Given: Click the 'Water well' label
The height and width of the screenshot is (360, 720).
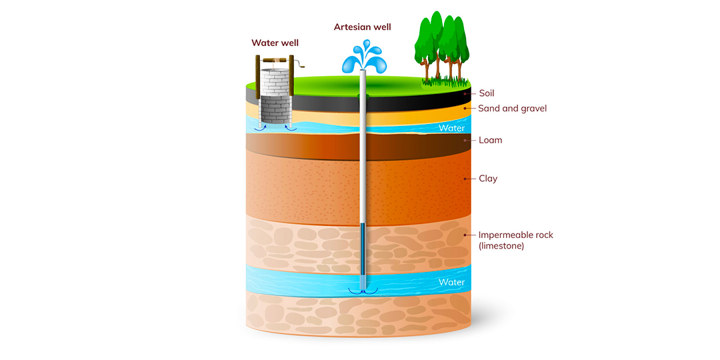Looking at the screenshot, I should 275,43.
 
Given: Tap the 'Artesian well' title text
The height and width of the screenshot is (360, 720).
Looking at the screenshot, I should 362,27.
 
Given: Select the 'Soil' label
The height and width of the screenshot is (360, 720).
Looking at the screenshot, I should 487,93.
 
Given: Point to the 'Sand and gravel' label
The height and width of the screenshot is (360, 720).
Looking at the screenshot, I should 512,108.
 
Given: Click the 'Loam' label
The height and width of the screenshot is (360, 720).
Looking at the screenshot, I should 490,140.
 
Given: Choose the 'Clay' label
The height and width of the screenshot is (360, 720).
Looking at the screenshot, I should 488,179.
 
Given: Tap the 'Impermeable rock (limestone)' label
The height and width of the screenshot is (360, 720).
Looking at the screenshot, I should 515,240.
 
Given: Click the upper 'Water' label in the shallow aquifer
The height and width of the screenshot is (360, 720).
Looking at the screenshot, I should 451,128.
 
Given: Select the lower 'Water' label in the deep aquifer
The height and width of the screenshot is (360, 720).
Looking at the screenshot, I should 451,282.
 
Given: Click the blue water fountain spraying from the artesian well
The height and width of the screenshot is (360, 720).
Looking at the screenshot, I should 365,57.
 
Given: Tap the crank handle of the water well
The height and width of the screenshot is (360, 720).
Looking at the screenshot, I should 304,64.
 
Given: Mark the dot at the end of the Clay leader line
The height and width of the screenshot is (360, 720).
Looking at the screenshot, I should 465,179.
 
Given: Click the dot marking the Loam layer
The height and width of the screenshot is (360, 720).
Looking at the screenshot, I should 465,140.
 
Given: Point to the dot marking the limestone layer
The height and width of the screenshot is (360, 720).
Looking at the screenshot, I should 465,235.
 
